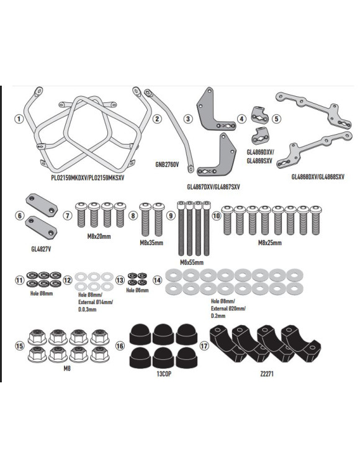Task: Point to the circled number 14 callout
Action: click(x=158, y=280)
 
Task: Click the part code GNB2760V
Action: click(x=167, y=165)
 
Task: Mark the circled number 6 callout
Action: click(x=19, y=215)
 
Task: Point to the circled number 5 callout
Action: click(x=277, y=119)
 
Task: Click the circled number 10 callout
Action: click(x=217, y=215)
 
